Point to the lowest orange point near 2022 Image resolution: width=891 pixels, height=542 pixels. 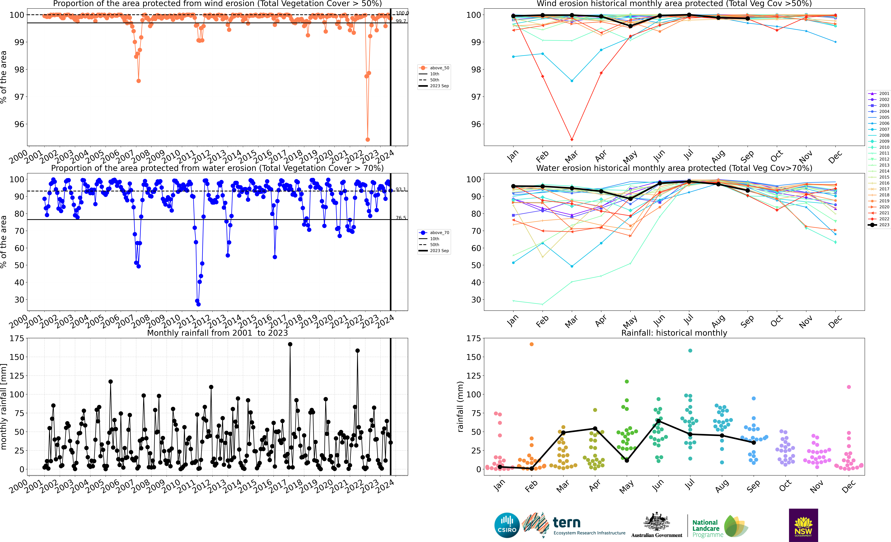coord(368,139)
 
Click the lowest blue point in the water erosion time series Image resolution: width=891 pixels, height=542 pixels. coord(198,304)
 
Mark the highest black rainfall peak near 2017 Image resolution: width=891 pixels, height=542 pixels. coord(290,344)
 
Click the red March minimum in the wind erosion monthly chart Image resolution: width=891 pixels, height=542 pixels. coord(572,139)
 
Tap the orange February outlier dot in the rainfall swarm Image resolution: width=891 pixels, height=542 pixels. coord(532,344)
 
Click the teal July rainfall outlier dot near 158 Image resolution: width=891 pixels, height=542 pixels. coord(690,350)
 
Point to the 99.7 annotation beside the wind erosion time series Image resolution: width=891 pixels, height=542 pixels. coord(401,21)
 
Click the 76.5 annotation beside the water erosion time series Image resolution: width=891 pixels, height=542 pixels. coord(401,218)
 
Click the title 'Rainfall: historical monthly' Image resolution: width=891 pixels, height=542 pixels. coord(674,333)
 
